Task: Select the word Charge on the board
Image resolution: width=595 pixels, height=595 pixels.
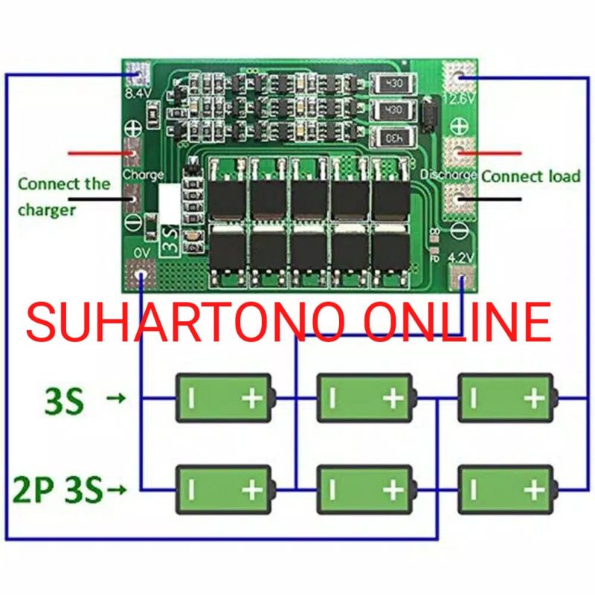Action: coord(143,175)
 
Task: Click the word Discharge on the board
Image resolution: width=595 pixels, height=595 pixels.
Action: coord(448,175)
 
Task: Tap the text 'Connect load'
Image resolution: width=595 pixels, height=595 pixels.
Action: coord(530,176)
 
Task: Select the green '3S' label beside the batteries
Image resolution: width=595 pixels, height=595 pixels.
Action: coord(65,402)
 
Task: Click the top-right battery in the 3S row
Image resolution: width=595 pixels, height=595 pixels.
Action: coord(506,398)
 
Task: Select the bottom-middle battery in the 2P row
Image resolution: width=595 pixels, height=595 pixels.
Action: coord(364,489)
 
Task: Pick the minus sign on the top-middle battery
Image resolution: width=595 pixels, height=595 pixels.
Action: coord(332,399)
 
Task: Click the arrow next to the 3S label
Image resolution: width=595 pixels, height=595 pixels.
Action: coord(116,399)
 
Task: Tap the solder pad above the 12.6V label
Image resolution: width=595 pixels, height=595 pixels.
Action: coord(459,74)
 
